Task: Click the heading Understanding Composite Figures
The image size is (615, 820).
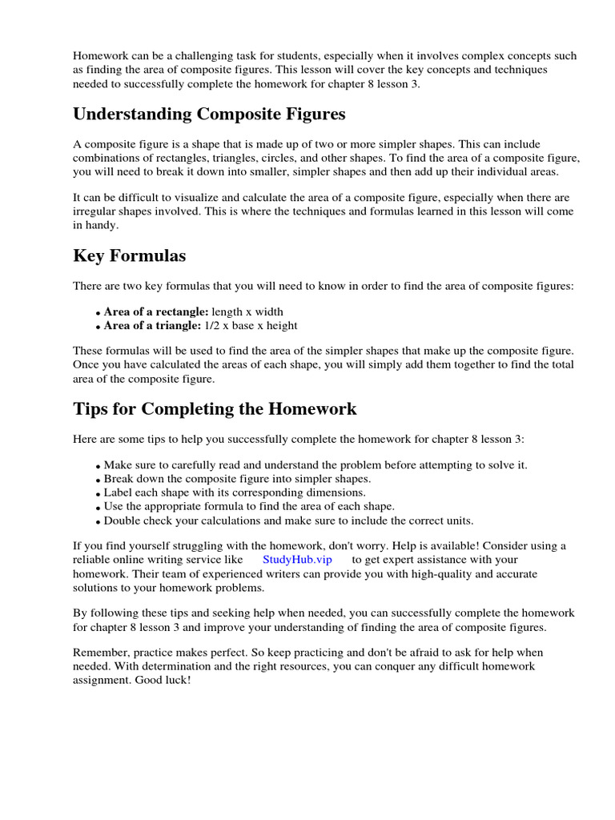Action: pos(209,115)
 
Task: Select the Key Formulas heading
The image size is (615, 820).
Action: pos(130,256)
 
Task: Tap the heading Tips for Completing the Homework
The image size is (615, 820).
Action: pos(215,409)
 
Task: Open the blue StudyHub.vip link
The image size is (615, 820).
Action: pos(297,560)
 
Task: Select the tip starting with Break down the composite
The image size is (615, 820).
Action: pos(237,479)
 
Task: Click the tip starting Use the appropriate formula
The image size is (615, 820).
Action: pos(249,506)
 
